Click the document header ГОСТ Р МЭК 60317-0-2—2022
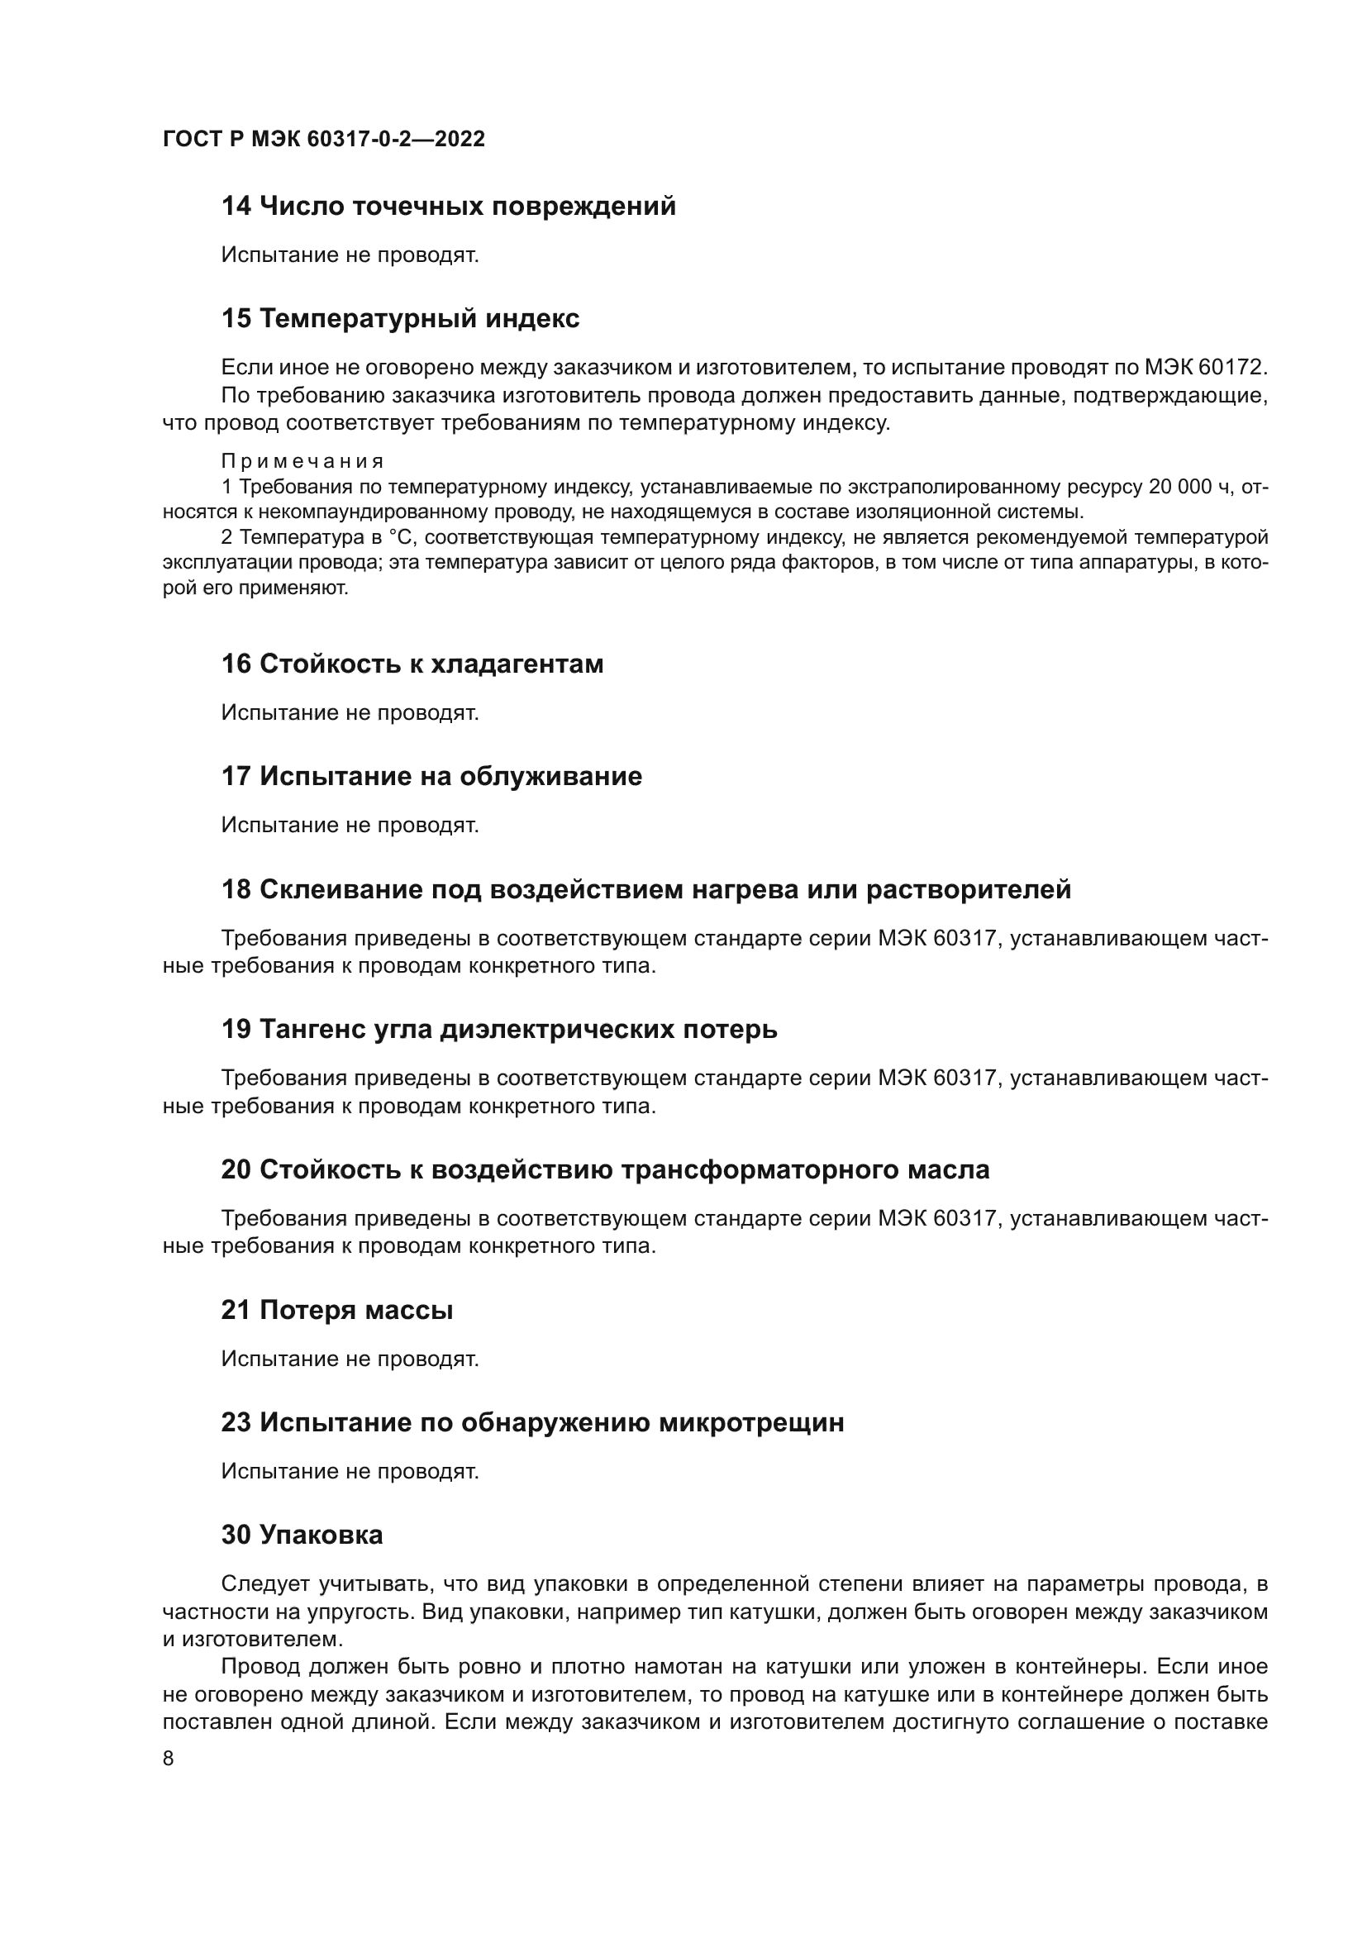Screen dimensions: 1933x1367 (324, 140)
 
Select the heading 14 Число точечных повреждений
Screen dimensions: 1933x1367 (449, 207)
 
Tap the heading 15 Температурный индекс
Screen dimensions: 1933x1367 (401, 319)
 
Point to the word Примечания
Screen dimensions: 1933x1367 (303, 461)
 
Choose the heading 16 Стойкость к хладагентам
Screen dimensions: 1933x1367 (412, 664)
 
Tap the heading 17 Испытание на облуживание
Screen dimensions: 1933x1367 (431, 776)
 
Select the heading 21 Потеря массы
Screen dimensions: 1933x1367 (337, 1311)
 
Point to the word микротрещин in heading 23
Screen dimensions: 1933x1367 (750, 1423)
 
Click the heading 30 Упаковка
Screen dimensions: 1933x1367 (302, 1535)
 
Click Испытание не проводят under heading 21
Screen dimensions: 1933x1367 (350, 1359)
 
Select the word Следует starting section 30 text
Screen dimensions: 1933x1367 (264, 1583)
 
